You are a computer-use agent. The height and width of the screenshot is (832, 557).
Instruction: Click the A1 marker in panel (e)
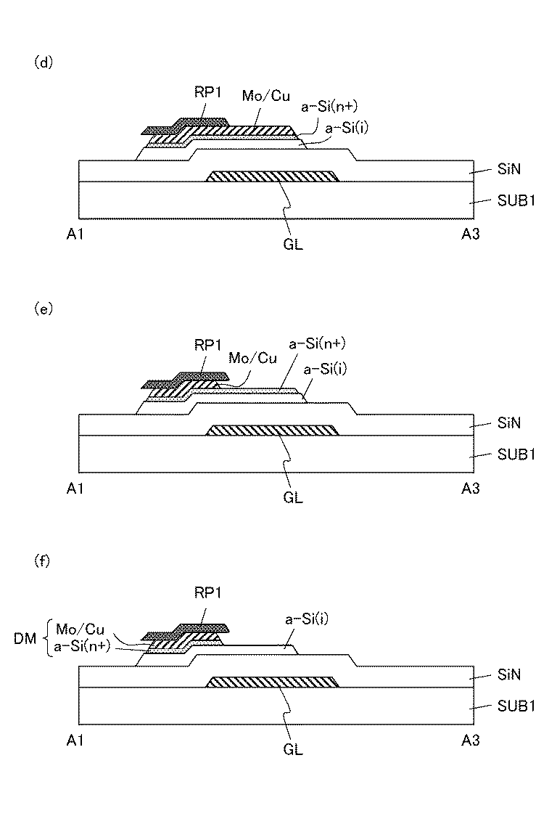75,489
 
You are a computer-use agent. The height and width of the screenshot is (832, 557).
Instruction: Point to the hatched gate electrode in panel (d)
273,176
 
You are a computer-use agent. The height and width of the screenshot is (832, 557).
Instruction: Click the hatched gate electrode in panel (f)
273,682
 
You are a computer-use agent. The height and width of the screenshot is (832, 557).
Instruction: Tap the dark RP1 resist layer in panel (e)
187,378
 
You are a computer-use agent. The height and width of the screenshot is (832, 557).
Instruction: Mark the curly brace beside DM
48,636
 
